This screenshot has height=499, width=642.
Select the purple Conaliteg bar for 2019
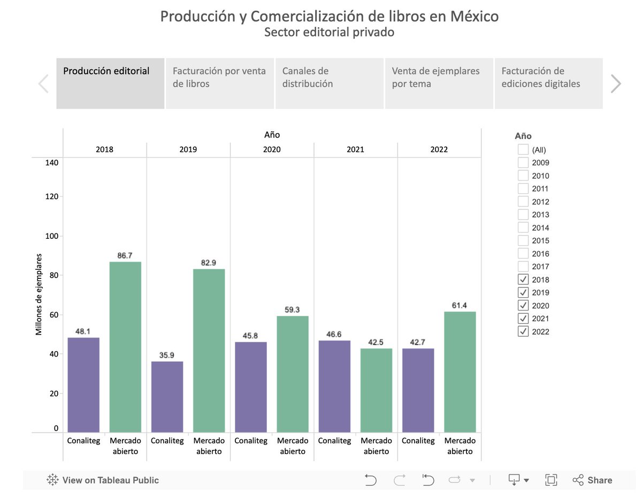tap(167, 397)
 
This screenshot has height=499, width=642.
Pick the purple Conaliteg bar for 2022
tap(418, 390)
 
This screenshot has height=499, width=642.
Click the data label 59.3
tap(292, 309)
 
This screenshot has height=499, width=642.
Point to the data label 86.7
tap(125, 255)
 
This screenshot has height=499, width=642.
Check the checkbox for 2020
tap(523, 306)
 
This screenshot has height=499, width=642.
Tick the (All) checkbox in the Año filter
tap(523, 150)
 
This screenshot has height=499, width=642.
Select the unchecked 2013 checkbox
tap(523, 215)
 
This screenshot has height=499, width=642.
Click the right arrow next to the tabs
tap(616, 84)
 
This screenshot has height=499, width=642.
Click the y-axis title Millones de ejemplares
tap(39, 294)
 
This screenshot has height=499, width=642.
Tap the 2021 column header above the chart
tap(355, 149)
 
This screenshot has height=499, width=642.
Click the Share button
tap(592, 480)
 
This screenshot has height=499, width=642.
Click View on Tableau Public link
tap(103, 480)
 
